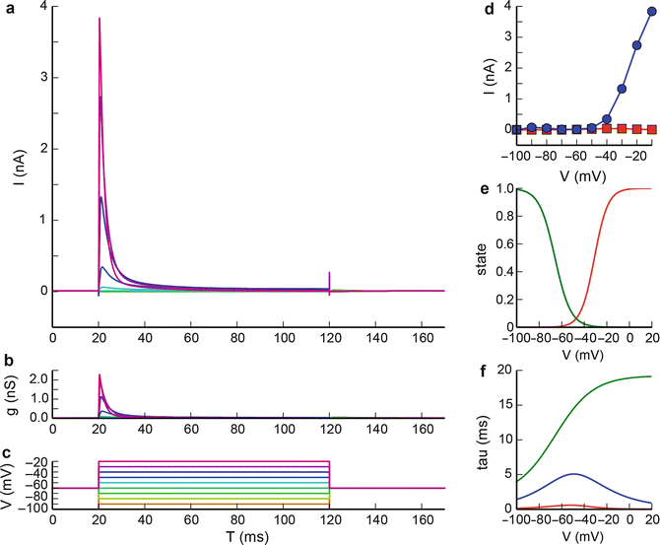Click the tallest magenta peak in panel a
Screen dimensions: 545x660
tap(99, 20)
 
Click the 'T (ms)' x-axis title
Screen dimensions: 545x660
tap(247, 536)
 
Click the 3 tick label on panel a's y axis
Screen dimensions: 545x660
tap(40, 77)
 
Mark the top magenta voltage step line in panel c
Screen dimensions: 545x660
tap(213, 461)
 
